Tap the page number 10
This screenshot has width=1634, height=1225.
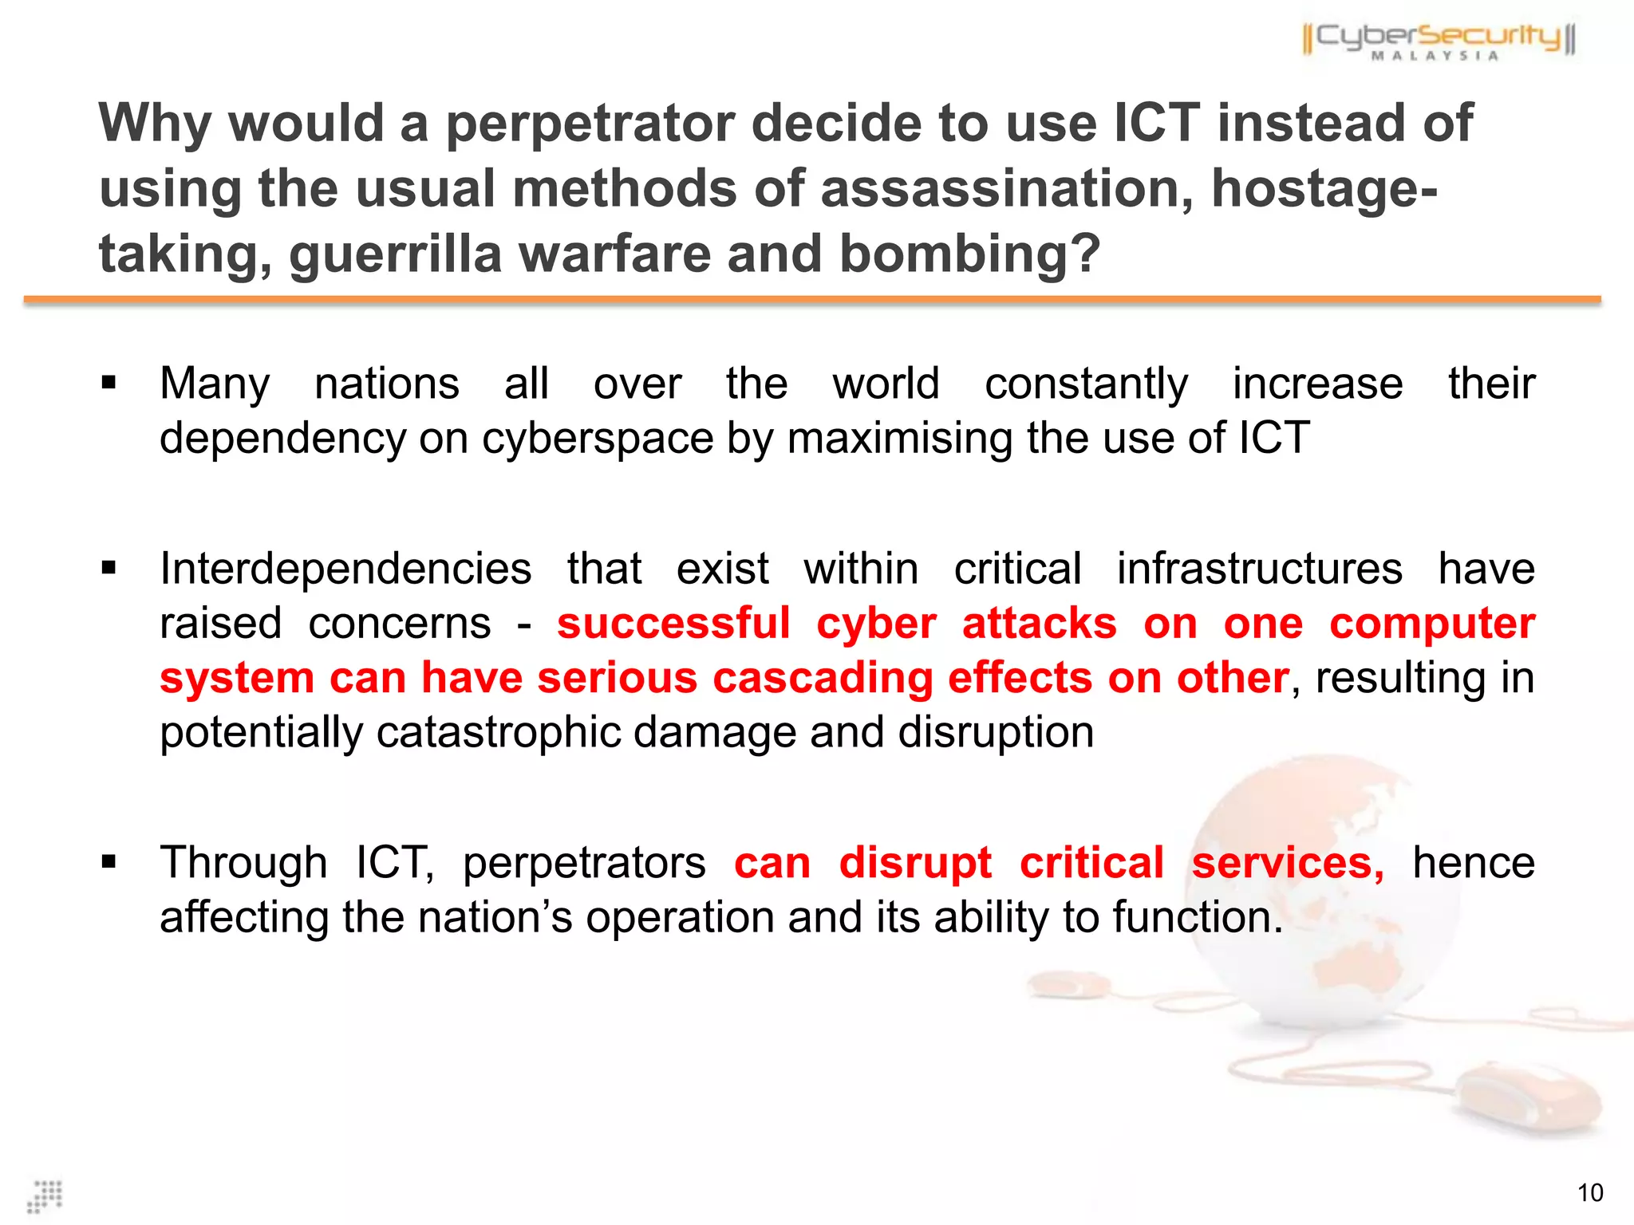(x=1589, y=1193)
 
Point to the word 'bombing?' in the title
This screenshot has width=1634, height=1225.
(x=969, y=254)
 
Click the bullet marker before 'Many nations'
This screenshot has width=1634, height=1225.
(x=109, y=384)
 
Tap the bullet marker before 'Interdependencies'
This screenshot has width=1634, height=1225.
(x=109, y=569)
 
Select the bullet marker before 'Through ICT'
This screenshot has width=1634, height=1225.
(x=109, y=862)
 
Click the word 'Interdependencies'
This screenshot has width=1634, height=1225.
(x=345, y=569)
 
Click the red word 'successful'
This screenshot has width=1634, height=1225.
(x=673, y=624)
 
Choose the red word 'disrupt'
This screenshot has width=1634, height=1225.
(x=915, y=864)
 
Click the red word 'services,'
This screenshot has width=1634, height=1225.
(x=1288, y=864)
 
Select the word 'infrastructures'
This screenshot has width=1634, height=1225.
(x=1259, y=569)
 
